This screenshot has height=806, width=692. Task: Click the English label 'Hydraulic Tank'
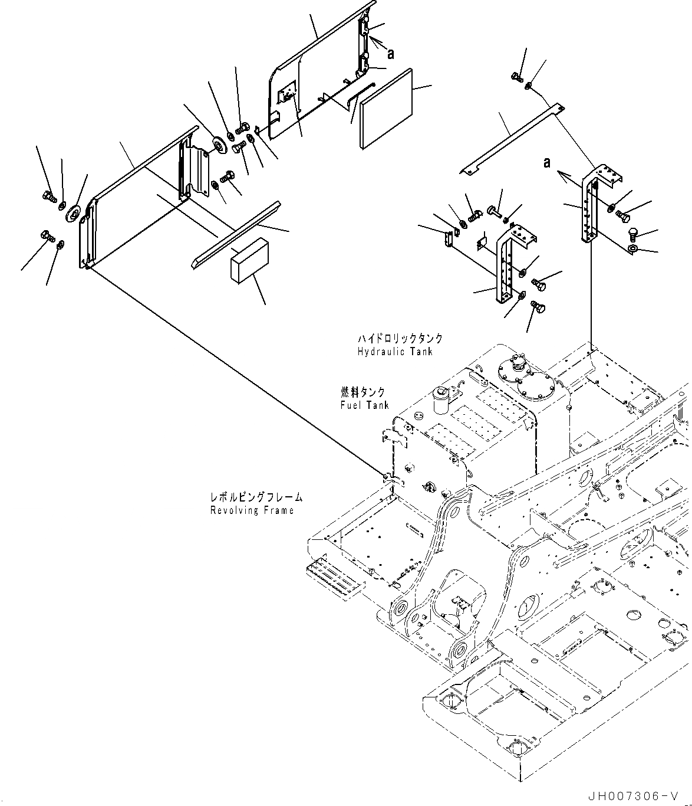pyautogui.click(x=394, y=352)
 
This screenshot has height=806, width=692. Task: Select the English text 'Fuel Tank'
pyautogui.click(x=364, y=405)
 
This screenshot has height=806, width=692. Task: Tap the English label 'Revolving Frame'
pyautogui.click(x=252, y=510)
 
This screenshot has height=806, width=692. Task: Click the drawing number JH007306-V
pyautogui.click(x=643, y=796)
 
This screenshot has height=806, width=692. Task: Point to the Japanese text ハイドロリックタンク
pyautogui.click(x=400, y=339)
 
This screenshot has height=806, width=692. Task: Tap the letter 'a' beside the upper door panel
pyautogui.click(x=390, y=53)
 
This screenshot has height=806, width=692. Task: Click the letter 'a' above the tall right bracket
pyautogui.click(x=547, y=162)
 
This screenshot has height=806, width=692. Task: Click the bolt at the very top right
pyautogui.click(x=516, y=76)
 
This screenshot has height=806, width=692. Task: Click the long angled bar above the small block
pyautogui.click(x=234, y=232)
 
